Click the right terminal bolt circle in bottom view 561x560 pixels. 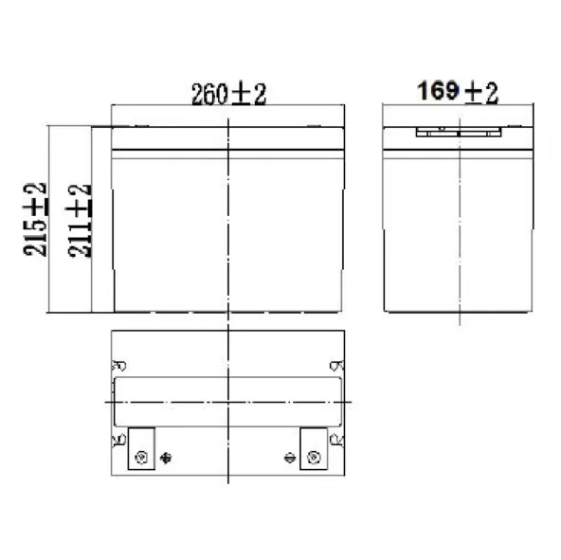315,458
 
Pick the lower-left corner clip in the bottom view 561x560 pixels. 119,439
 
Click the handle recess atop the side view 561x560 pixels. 458,131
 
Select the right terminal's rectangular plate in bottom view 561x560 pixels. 314,448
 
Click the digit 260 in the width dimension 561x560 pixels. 208,94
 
